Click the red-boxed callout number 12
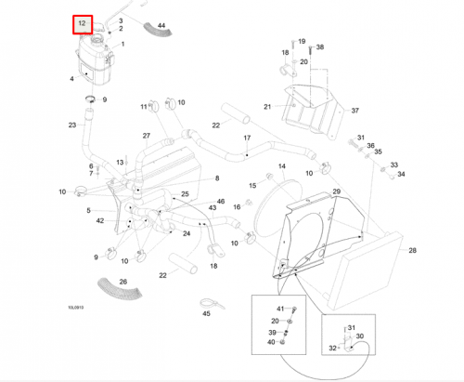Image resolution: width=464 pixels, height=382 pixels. coord(83,22)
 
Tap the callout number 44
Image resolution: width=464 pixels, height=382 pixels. coord(161,25)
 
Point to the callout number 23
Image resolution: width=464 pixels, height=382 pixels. coord(71,125)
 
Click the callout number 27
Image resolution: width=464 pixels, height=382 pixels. coord(146,137)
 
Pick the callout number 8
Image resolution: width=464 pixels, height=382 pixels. coord(217,178)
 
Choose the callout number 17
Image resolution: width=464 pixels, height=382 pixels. coord(247,138)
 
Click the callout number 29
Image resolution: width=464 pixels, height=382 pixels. coord(337,191)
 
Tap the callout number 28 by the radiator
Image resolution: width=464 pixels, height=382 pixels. coord(411,250)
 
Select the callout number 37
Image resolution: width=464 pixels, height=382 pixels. coord(354,111)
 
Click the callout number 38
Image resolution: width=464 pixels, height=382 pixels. coord(320,46)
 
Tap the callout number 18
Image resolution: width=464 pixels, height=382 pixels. coord(213,267)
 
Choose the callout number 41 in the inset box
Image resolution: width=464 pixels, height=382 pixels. coord(279,308)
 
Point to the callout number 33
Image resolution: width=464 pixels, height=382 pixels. coord(393,165)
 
